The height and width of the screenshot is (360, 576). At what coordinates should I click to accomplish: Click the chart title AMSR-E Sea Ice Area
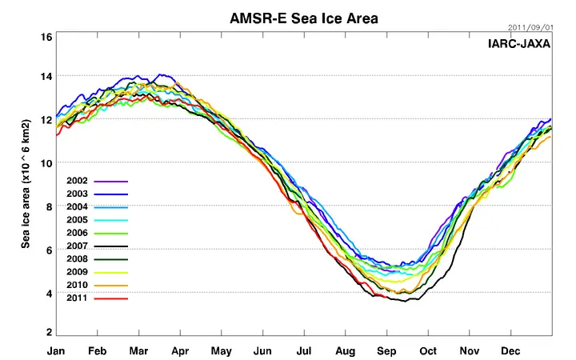[304, 18]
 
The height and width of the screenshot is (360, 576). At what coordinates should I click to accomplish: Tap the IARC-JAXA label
[519, 44]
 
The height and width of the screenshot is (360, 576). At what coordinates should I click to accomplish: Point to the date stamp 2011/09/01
[530, 27]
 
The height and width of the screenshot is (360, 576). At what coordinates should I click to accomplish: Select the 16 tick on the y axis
[46, 37]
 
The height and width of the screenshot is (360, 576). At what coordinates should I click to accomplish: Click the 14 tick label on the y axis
[46, 76]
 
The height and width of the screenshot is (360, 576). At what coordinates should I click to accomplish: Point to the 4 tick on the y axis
[49, 293]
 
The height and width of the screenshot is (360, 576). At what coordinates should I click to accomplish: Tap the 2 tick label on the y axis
[49, 332]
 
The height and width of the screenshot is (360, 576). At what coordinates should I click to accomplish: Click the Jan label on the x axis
[56, 351]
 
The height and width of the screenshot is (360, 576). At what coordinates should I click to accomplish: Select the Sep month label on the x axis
[387, 351]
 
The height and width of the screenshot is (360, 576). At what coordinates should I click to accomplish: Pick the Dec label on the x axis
[510, 351]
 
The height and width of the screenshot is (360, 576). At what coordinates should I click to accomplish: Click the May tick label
[222, 351]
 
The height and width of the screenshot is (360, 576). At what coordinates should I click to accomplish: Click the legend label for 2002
[77, 181]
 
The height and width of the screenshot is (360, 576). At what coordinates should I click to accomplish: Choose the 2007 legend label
[77, 246]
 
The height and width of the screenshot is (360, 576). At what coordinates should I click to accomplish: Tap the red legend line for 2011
[111, 298]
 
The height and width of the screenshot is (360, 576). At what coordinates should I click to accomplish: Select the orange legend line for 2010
[111, 286]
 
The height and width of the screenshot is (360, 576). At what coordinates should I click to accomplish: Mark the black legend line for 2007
[111, 246]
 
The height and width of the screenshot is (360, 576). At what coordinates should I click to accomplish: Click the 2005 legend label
[77, 220]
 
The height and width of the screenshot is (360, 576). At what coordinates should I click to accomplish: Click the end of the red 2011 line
[386, 297]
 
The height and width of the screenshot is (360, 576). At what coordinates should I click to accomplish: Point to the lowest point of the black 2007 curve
[406, 302]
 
